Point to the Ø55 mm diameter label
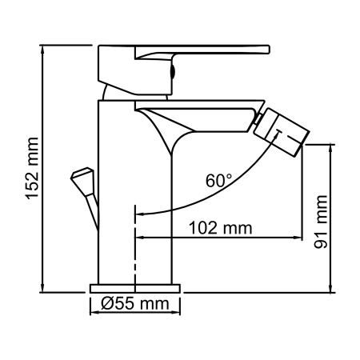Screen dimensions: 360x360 coord(135,303)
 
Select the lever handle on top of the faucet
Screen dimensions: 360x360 coord(200,53)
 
